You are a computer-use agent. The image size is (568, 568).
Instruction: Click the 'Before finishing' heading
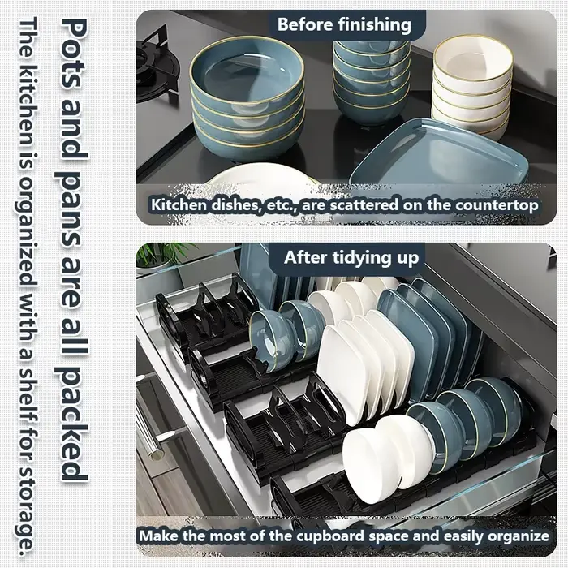tap(344, 24)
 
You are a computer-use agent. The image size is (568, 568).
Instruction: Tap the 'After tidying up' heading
tap(351, 258)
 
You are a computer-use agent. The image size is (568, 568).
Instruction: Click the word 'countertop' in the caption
tap(497, 205)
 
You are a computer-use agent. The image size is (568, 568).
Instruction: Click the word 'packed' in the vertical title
tap(74, 427)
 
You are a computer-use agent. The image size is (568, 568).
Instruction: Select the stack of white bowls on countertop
tap(472, 86)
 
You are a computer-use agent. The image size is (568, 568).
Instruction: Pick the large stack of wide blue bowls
tap(247, 98)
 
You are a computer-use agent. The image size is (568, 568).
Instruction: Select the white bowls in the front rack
tap(388, 458)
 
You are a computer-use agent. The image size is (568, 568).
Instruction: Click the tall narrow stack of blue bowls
tap(372, 81)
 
